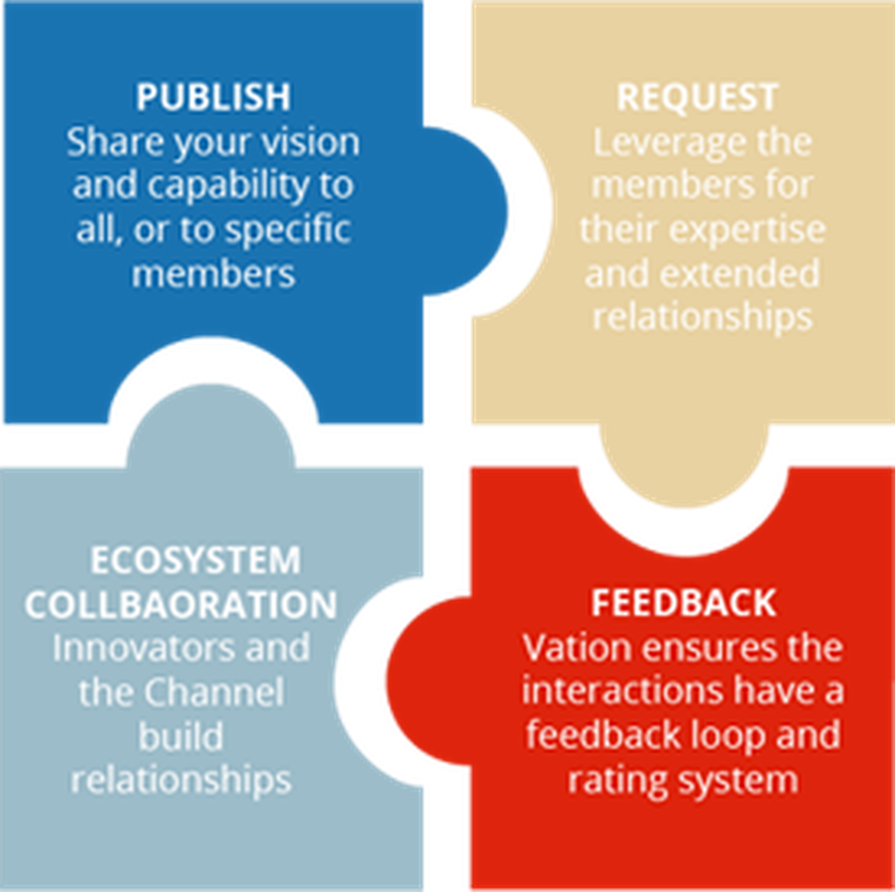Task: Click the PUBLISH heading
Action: pos(213,97)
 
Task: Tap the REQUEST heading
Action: pos(697,97)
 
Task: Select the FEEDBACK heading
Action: pos(684,603)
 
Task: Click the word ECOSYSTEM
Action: pos(195,560)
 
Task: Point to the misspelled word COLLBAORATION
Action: pos(181,604)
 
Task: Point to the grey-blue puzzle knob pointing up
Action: pos(211,427)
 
